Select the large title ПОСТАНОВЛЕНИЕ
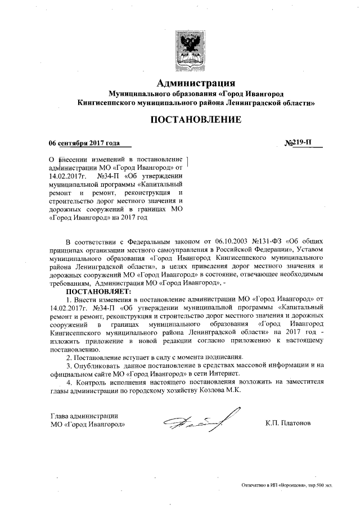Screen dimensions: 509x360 195,120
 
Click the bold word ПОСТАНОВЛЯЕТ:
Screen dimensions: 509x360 98,292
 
